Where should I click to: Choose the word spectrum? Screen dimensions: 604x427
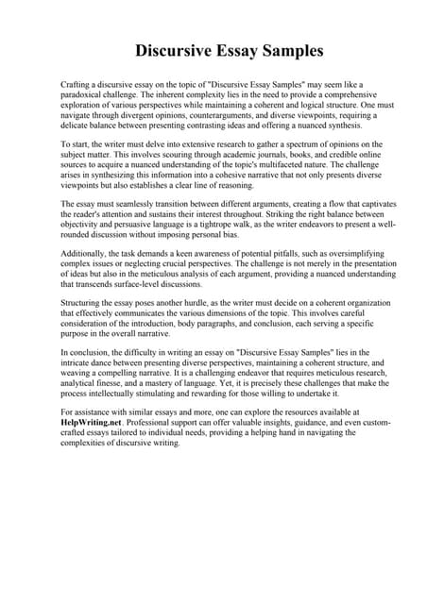pyautogui.click(x=285, y=144)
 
